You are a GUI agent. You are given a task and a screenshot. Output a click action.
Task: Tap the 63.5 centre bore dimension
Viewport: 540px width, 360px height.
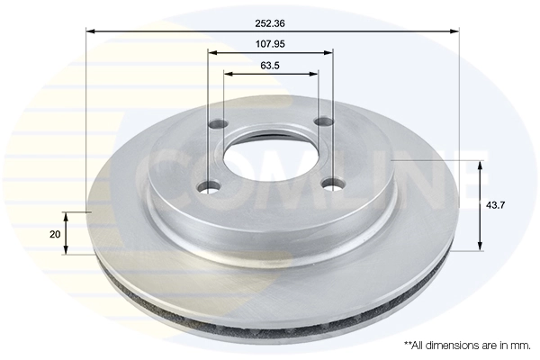[x=270, y=64]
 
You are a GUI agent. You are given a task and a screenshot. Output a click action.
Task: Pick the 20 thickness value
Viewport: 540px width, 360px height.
[x=55, y=234]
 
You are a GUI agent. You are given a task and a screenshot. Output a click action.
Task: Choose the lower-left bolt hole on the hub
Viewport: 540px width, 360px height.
[x=210, y=186]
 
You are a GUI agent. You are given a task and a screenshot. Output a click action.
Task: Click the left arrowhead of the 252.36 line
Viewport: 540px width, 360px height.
[x=91, y=31]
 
